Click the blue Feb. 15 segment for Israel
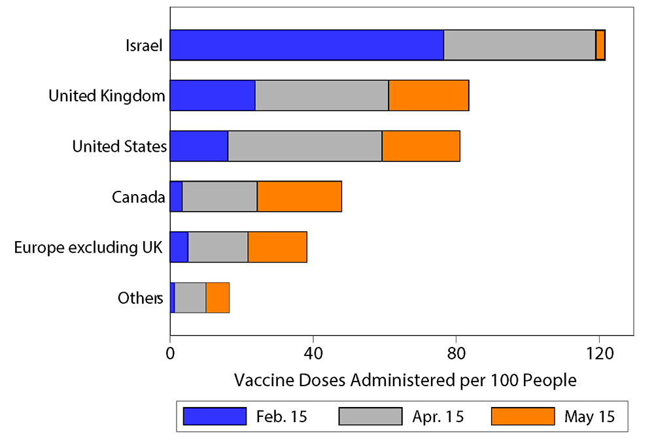(x=306, y=45)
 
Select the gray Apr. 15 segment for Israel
(x=519, y=45)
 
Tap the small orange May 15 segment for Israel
(x=600, y=45)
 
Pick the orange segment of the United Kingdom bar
(x=428, y=96)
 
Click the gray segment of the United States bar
(x=305, y=146)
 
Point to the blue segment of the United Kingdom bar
(x=212, y=96)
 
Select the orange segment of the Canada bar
(x=299, y=197)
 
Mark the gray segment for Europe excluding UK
(x=218, y=247)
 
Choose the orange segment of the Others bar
(x=217, y=298)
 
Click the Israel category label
(x=144, y=46)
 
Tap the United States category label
(x=119, y=146)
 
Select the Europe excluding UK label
(x=88, y=248)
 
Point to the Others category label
(x=140, y=299)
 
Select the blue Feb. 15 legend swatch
(x=215, y=416)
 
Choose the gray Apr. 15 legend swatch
(x=370, y=416)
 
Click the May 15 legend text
(x=589, y=417)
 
